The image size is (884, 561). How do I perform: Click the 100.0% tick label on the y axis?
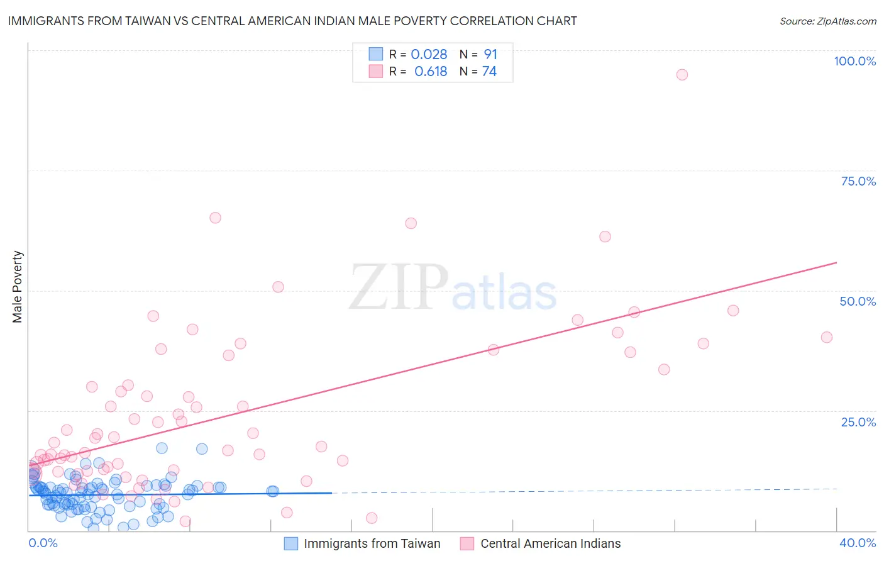[x=854, y=61]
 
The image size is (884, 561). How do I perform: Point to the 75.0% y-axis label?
[x=858, y=181]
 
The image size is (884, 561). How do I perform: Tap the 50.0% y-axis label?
[x=858, y=301]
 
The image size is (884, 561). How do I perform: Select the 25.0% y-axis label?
[x=858, y=421]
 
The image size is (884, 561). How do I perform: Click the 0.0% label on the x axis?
[x=43, y=543]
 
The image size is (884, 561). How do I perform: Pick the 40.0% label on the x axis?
[x=858, y=543]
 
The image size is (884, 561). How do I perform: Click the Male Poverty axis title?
[x=18, y=287]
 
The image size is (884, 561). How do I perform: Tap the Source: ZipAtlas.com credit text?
[x=827, y=21]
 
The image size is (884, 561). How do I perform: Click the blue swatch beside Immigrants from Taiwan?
[x=290, y=543]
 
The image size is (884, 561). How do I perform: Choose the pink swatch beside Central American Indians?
[x=467, y=543]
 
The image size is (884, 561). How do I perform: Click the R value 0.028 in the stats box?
[x=429, y=55]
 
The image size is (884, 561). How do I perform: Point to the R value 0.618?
[x=431, y=71]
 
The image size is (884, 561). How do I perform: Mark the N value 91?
[x=490, y=55]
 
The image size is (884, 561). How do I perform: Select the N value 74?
[x=489, y=71]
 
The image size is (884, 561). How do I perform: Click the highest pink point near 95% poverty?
[x=682, y=74]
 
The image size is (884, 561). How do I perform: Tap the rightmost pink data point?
[x=827, y=337]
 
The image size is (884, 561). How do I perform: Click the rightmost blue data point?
[x=272, y=491]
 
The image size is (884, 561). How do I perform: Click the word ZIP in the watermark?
[x=399, y=287]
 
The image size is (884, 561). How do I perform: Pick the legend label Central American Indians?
[x=550, y=543]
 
